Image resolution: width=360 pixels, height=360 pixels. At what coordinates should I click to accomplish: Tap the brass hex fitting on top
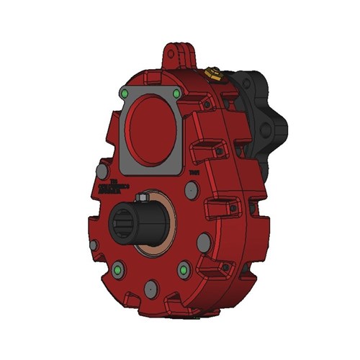tap(211, 73)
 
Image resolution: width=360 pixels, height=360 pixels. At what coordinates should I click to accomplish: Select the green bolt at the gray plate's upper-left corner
tap(126, 94)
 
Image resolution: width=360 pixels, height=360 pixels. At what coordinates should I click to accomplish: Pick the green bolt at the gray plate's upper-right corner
tap(176, 94)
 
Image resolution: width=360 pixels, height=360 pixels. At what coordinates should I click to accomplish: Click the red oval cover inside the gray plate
tap(152, 130)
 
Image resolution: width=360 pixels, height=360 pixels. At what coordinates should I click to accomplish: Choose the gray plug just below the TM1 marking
tap(192, 190)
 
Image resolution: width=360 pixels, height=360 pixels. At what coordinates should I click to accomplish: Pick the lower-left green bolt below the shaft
tap(119, 271)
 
